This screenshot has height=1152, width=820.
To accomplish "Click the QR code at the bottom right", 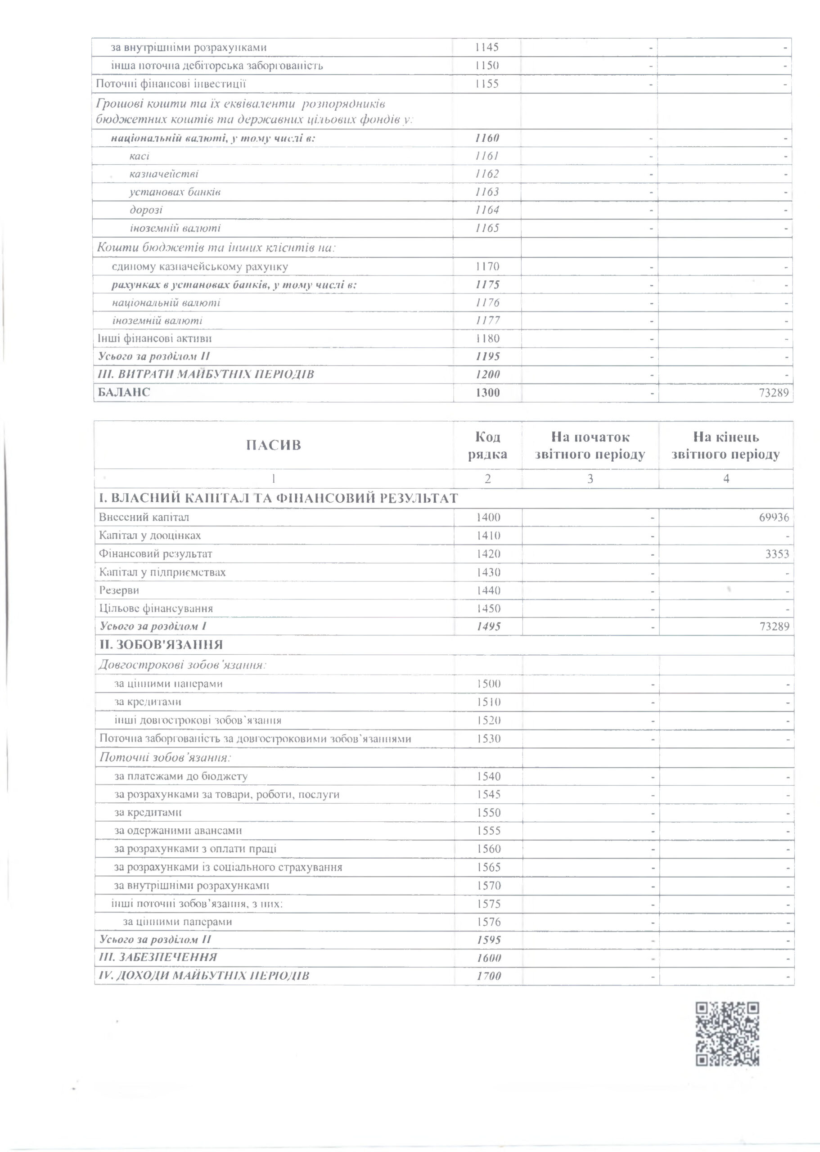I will point(727,1034).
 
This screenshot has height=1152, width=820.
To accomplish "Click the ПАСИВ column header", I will point(273,445).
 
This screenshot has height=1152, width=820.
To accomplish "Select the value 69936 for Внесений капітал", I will point(774,517).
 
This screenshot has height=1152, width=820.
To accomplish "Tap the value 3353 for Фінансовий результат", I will point(777,554).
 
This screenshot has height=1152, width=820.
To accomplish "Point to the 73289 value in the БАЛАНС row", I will point(774,393).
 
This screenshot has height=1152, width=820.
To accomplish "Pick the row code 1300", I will point(487,393).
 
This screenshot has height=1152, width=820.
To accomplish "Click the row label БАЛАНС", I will point(124,392).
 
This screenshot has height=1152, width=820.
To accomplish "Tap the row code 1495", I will point(488,626).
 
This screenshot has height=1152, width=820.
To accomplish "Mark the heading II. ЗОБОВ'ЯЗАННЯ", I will point(161,645).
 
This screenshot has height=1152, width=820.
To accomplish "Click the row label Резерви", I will point(119,590).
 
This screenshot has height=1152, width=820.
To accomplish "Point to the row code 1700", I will point(489,976).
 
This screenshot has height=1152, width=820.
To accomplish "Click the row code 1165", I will point(487,228).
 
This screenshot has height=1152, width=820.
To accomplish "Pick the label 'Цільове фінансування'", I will point(156,608).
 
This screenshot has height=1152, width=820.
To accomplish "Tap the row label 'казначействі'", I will point(164,174).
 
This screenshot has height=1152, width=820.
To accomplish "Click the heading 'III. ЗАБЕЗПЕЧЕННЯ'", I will point(158,957).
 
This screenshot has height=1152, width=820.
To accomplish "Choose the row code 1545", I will point(488,795).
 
